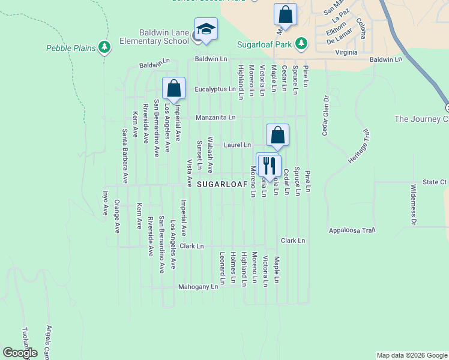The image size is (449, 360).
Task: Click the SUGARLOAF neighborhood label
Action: pos(222,184)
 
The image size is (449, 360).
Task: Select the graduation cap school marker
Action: pos(206,30)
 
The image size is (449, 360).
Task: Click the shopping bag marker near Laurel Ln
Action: pos(277,135)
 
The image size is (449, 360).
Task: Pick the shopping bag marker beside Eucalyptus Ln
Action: pos(173,88)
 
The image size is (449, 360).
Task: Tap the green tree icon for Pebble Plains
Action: pos(105,47)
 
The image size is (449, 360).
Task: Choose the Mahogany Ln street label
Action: pos(198,287)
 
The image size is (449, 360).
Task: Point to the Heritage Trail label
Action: pos(360,148)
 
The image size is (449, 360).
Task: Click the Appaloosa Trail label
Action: pos(351,230)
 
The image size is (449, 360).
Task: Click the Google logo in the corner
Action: pos(20,353)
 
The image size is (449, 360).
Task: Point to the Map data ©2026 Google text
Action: pos(411,355)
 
